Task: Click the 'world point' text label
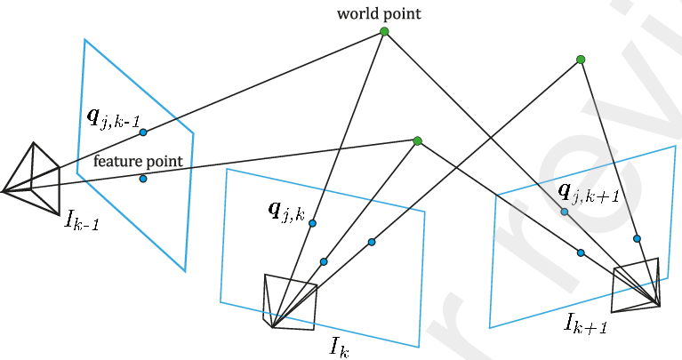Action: coord(379,13)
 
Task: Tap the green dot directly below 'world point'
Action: coord(384,31)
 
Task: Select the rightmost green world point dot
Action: coord(581,60)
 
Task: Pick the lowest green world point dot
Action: coord(418,140)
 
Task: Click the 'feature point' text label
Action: coord(138,161)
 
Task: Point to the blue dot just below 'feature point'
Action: coord(142,179)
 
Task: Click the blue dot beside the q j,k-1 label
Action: coord(142,132)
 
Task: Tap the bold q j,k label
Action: coord(286,212)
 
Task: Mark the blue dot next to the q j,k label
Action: coord(312,223)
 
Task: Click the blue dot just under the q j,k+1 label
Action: coord(564,212)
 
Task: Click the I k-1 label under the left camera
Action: coord(82,220)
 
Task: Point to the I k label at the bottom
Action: coord(339,347)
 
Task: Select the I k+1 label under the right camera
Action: coord(585,323)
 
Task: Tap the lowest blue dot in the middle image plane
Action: coord(324,261)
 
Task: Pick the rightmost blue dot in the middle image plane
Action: coord(372,242)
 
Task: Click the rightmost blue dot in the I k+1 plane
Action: coord(637,239)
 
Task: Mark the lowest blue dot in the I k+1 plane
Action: coord(581,253)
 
